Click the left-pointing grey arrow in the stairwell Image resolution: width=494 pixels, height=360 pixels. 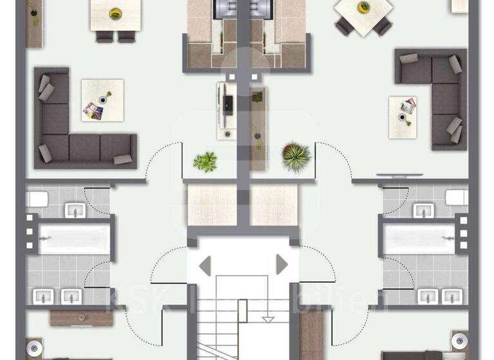(x=205, y=264)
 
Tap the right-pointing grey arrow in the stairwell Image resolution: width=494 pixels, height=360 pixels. (x=281, y=264)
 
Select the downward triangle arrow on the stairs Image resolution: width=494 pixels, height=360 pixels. (x=268, y=318)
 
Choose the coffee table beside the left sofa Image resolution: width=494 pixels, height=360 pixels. (x=102, y=100)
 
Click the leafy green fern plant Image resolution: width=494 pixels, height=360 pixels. (x=206, y=161)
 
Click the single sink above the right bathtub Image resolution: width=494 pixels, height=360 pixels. (x=423, y=210)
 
